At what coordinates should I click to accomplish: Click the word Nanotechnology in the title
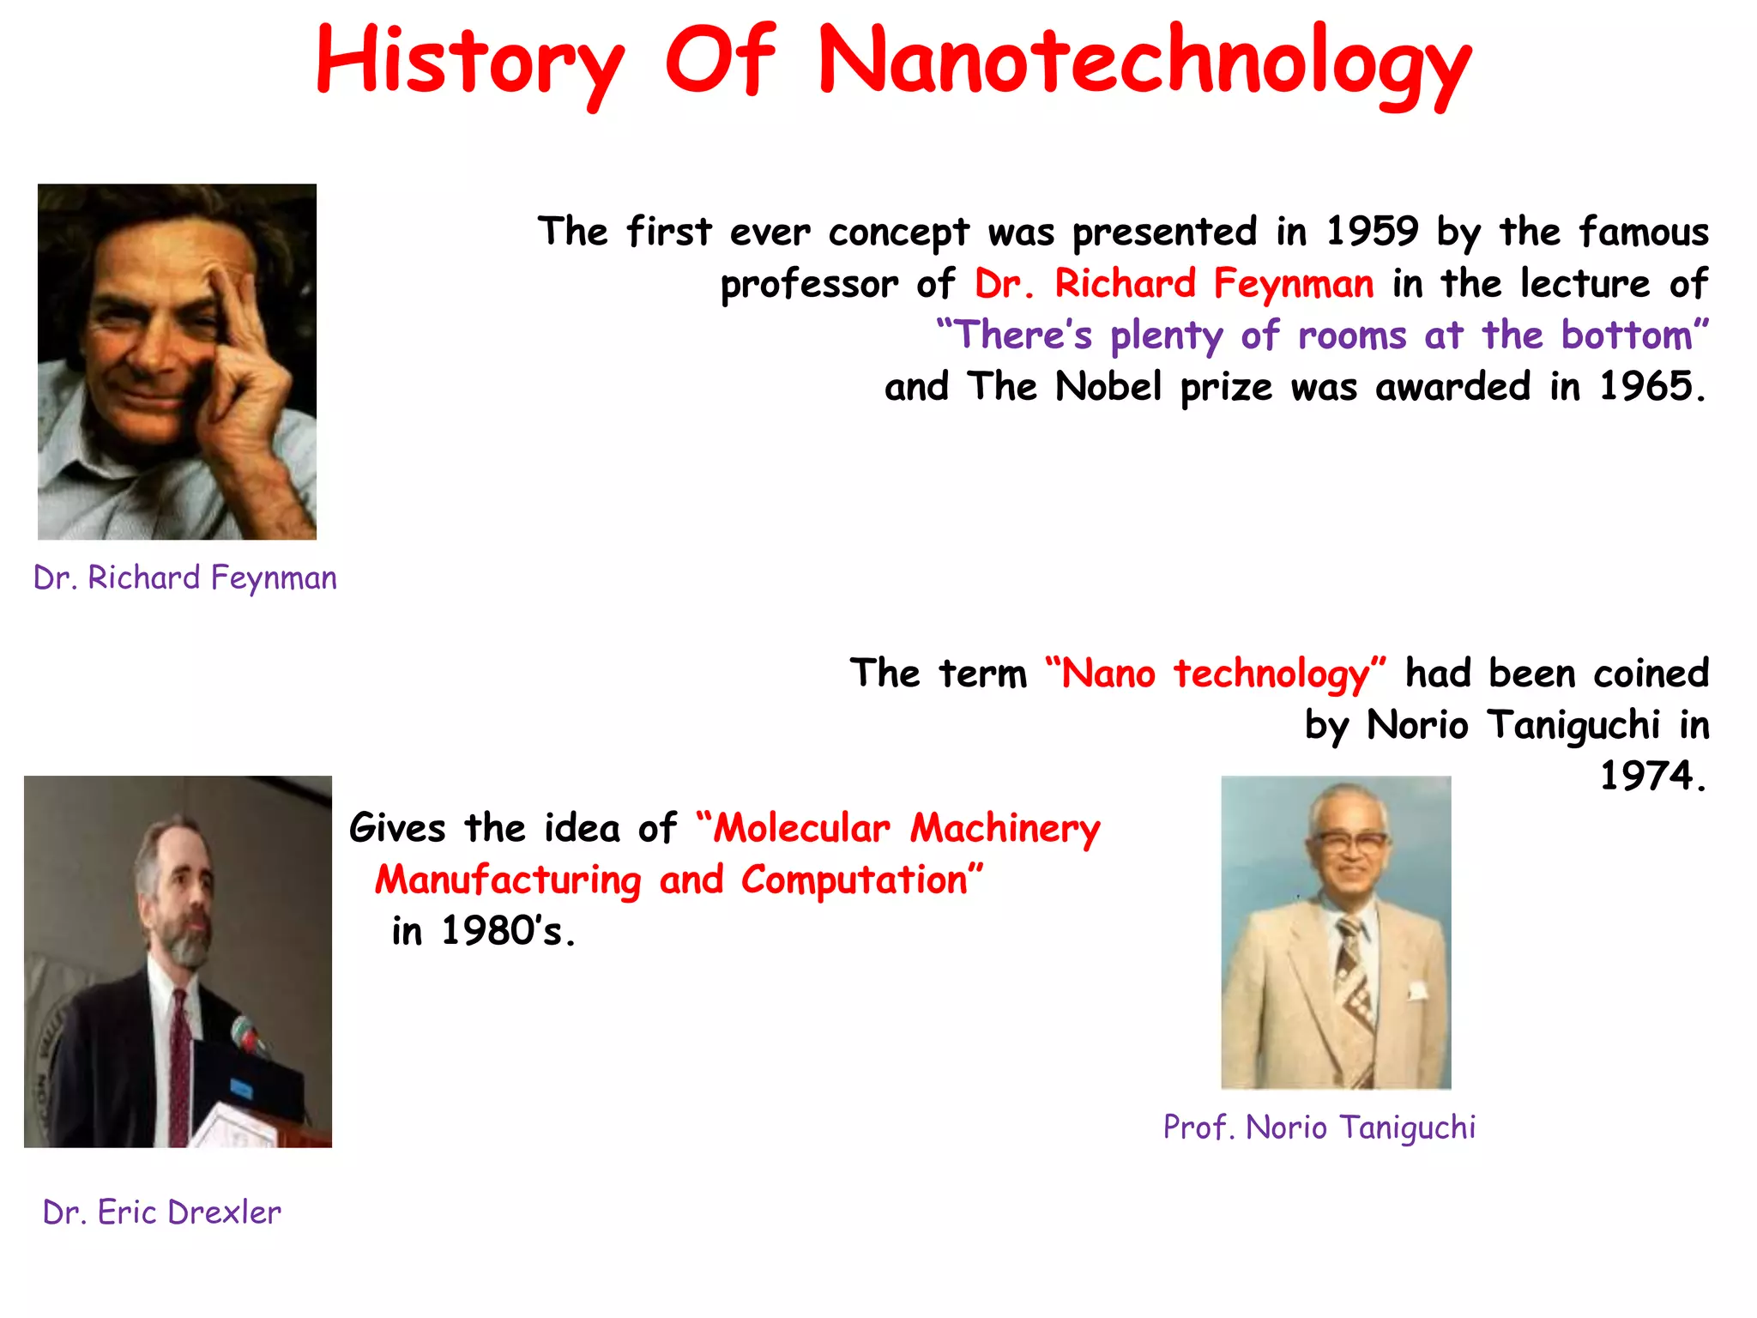1144,62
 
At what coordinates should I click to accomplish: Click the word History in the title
469,62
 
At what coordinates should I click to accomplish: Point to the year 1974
1647,777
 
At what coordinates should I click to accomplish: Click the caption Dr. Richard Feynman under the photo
185,578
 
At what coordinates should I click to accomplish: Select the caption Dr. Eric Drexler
162,1212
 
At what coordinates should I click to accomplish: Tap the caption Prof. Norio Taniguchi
1319,1128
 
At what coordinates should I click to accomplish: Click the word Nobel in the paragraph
1108,387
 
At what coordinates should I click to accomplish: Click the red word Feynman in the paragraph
1293,284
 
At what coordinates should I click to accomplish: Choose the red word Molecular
802,829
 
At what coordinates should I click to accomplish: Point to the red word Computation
854,880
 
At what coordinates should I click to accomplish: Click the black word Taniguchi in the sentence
1573,726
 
